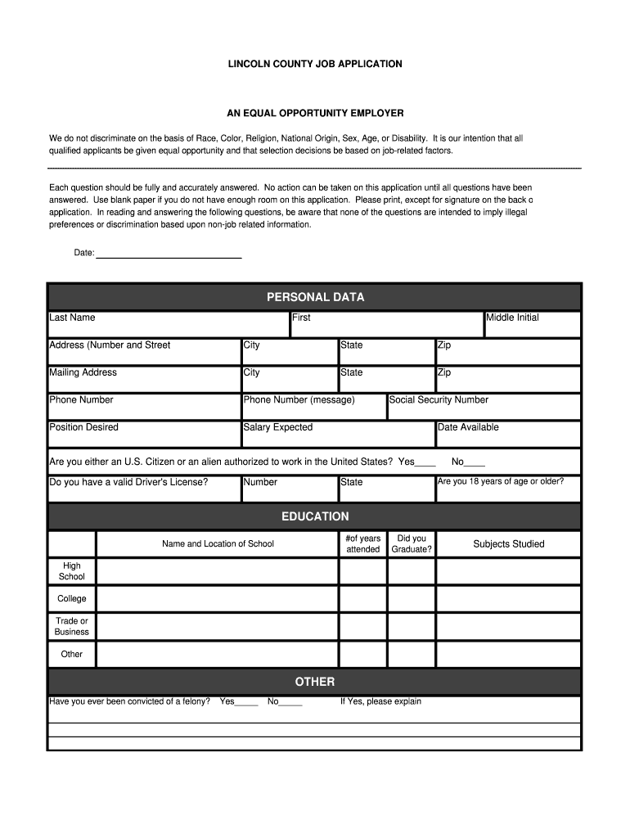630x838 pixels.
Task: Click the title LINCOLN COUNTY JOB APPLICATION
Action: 315,64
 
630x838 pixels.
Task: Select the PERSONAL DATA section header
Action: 315,297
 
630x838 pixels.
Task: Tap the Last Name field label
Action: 72,318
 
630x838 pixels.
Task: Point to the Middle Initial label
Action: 513,318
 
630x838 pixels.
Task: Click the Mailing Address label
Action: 83,372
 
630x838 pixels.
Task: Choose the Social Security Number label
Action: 439,400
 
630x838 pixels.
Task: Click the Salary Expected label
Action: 278,427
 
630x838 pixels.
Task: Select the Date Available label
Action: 468,427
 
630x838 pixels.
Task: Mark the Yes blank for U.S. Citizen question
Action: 425,463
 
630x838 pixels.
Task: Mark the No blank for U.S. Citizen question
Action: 475,463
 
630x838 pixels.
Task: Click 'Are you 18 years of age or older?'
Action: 501,481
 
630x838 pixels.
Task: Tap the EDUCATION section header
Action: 315,516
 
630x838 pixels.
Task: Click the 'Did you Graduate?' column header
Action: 412,544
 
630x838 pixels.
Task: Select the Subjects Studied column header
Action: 508,544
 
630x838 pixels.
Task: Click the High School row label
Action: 72,571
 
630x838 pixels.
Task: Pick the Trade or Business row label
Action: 72,626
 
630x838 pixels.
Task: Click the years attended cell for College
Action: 362,599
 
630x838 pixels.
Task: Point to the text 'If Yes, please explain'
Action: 380,701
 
